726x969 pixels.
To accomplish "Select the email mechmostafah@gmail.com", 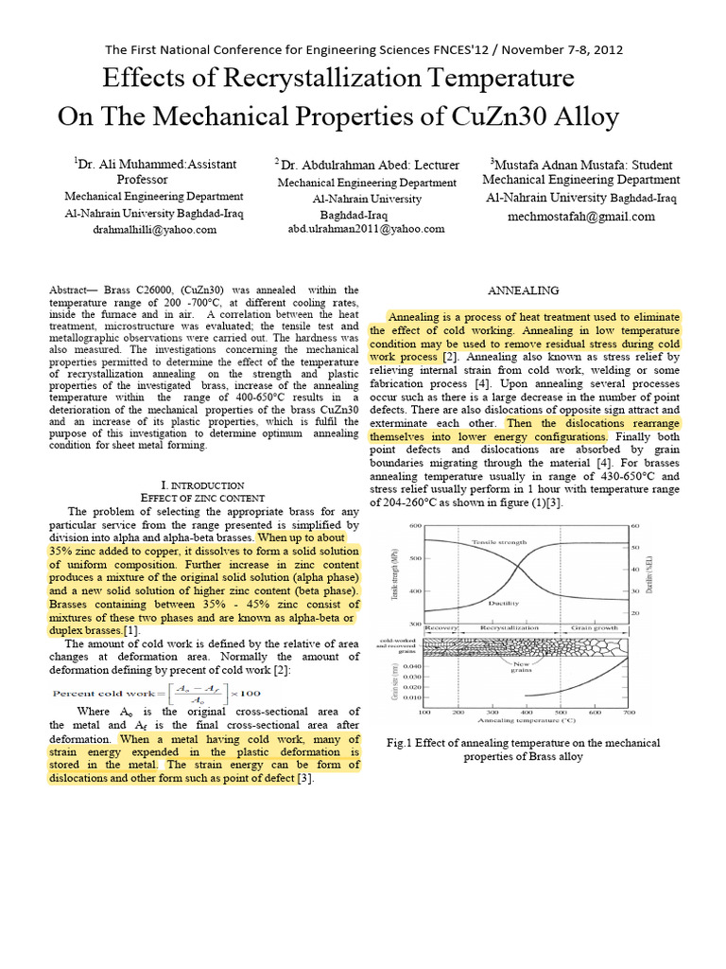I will pos(580,216).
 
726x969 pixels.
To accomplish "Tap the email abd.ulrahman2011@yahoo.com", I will pos(366,228).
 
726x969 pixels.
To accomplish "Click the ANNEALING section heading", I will pos(523,290).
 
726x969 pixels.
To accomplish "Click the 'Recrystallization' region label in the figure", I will pos(511,627).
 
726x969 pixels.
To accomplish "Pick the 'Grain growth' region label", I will pos(596,627).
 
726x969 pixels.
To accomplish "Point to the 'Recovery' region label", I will pos(441,627).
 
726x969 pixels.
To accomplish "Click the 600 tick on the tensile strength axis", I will pos(413,525).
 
